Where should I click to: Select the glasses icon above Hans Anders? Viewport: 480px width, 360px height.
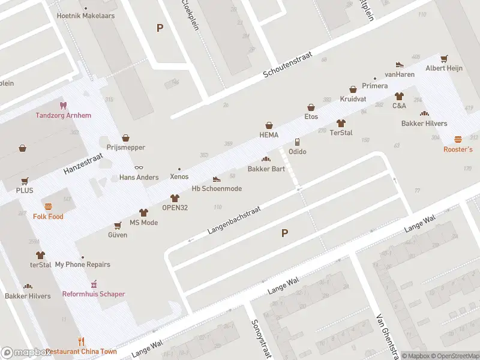click(x=139, y=167)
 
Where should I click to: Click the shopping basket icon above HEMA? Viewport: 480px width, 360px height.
click(x=269, y=125)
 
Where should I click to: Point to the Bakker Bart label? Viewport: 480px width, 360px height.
click(x=266, y=169)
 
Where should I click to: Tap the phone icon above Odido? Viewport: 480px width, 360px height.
click(x=297, y=142)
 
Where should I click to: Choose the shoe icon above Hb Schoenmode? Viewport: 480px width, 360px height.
click(x=217, y=179)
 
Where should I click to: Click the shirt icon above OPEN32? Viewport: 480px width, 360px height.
click(x=175, y=198)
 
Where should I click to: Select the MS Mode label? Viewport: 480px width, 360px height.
click(x=144, y=223)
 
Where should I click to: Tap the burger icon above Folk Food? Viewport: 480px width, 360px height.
click(x=48, y=206)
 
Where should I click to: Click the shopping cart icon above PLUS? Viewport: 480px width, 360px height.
click(x=25, y=181)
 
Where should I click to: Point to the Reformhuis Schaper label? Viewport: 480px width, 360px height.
click(x=94, y=294)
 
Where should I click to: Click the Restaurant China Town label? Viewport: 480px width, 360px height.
click(x=82, y=352)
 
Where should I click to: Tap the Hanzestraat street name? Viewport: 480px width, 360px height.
click(x=83, y=164)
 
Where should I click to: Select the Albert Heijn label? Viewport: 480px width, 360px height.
click(x=444, y=68)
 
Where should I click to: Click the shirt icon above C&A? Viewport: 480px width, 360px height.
click(x=399, y=96)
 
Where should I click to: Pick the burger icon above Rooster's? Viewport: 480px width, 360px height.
click(x=458, y=139)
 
